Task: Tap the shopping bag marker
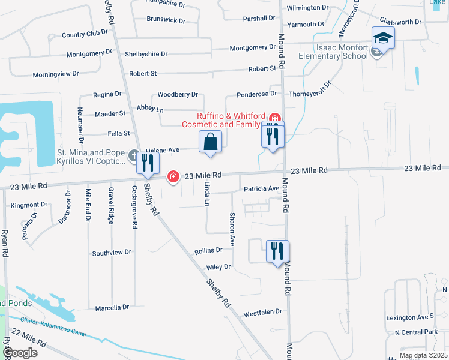coord(210,143)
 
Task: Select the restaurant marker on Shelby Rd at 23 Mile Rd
coord(147,164)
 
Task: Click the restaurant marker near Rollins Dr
coord(277,251)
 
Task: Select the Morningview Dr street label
coord(55,73)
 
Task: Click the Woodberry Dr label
coord(177,95)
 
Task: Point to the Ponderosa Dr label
coord(256,94)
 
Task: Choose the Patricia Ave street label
coord(262,188)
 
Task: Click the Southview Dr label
coord(111,253)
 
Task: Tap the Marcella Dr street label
coord(112,308)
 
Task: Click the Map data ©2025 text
coord(423,355)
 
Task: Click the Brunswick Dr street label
coord(166,19)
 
